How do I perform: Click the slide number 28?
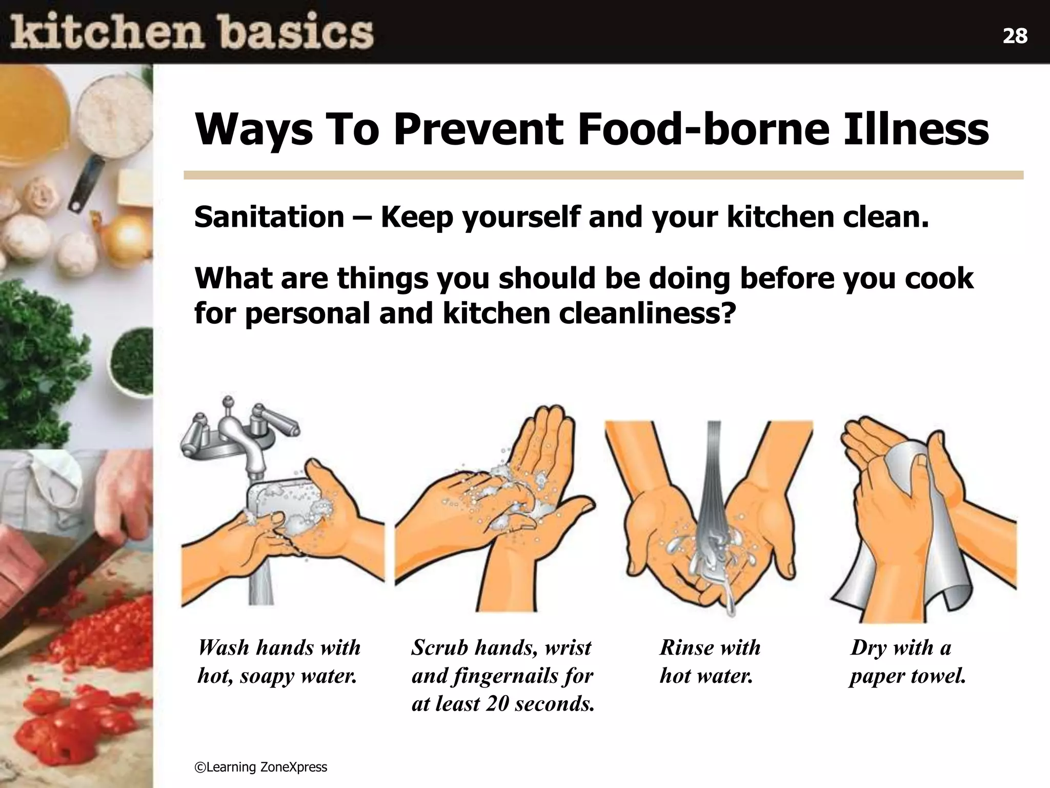[x=1015, y=36]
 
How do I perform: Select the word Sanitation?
[x=269, y=217]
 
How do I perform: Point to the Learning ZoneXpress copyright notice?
[x=260, y=767]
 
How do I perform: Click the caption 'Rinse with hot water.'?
[x=710, y=662]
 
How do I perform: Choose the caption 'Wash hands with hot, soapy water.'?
[x=279, y=662]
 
